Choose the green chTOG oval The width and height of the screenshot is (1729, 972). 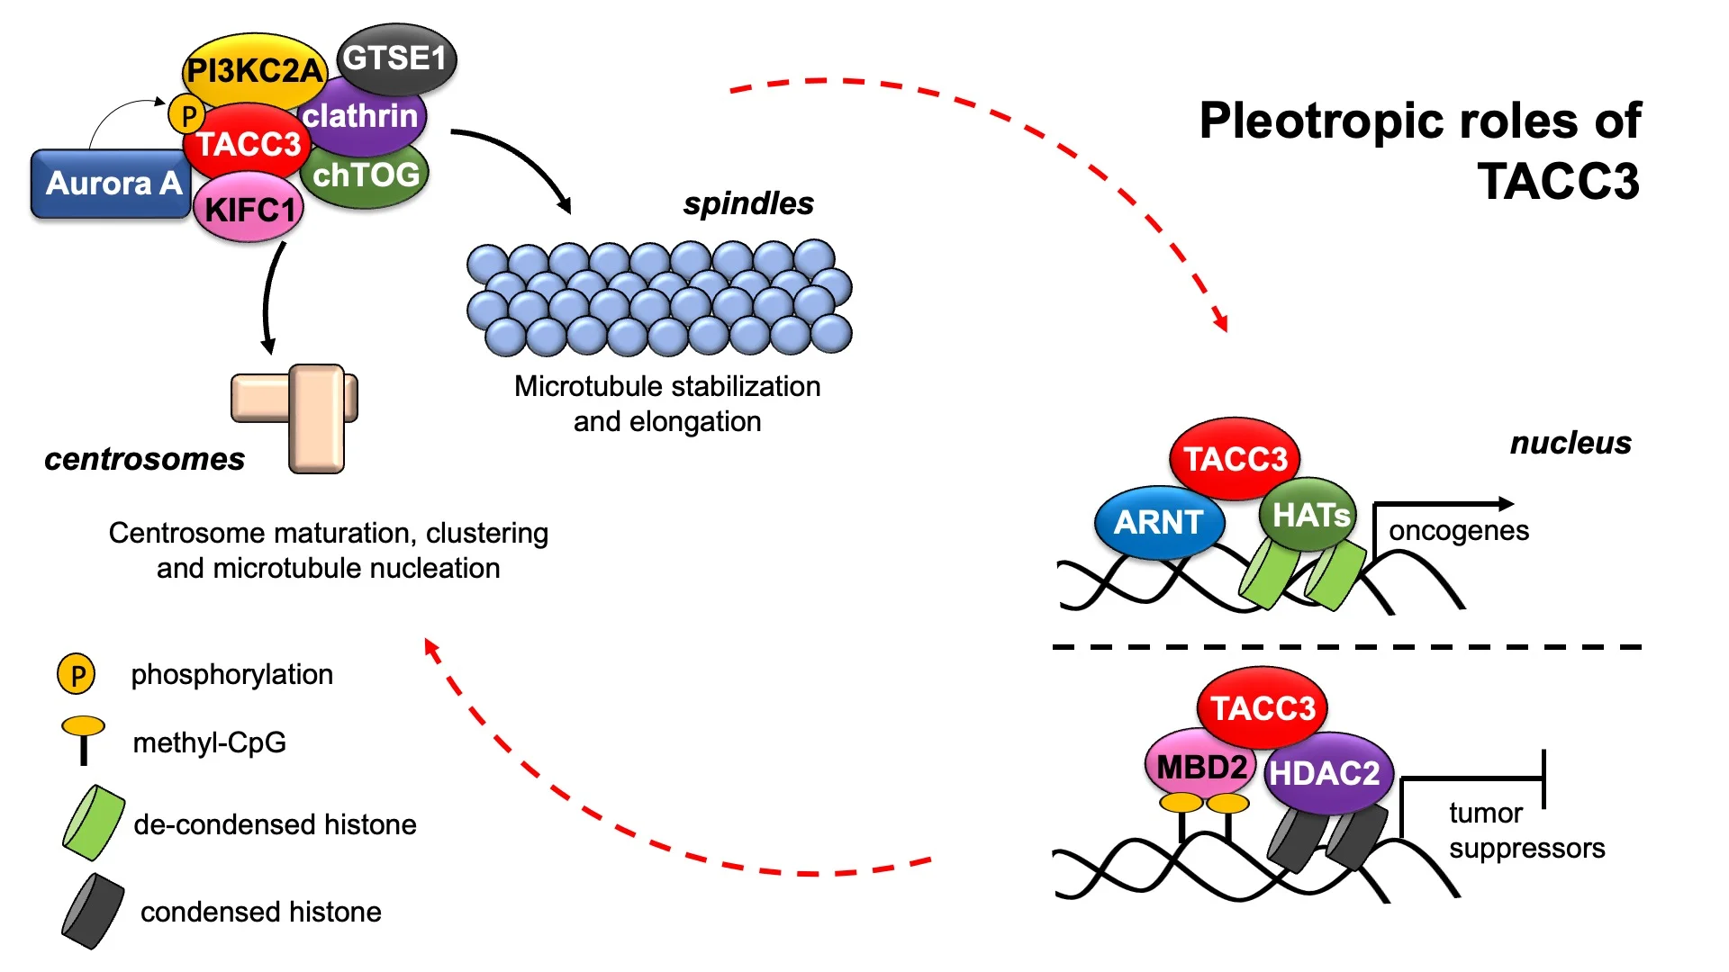367,175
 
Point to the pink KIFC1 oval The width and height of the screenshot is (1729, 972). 249,210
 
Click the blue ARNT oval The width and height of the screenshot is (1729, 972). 1158,522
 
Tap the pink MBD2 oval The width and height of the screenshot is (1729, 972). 1200,767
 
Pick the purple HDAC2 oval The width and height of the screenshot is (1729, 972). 1326,773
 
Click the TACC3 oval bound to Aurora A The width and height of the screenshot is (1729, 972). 248,144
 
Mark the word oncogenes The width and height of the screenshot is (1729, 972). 1458,531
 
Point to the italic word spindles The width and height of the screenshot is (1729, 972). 748,203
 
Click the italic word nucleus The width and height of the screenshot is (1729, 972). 1571,443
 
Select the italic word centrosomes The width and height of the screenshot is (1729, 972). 144,459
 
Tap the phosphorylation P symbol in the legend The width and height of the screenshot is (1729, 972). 77,674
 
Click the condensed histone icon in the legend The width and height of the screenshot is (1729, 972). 93,911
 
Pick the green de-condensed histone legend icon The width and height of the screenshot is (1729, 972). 93,822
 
